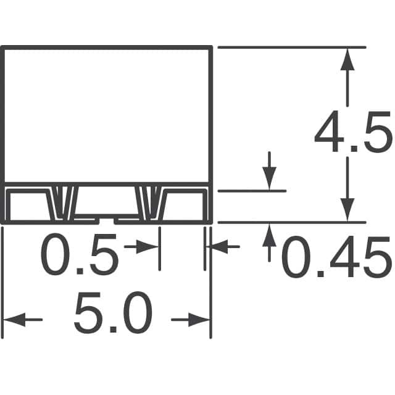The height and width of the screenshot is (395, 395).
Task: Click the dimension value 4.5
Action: pos(352,133)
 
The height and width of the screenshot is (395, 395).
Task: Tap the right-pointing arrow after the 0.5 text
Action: pos(148,247)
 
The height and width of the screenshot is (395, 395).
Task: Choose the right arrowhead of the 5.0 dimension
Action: pos(201,320)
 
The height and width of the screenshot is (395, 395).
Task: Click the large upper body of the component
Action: pos(107,114)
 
